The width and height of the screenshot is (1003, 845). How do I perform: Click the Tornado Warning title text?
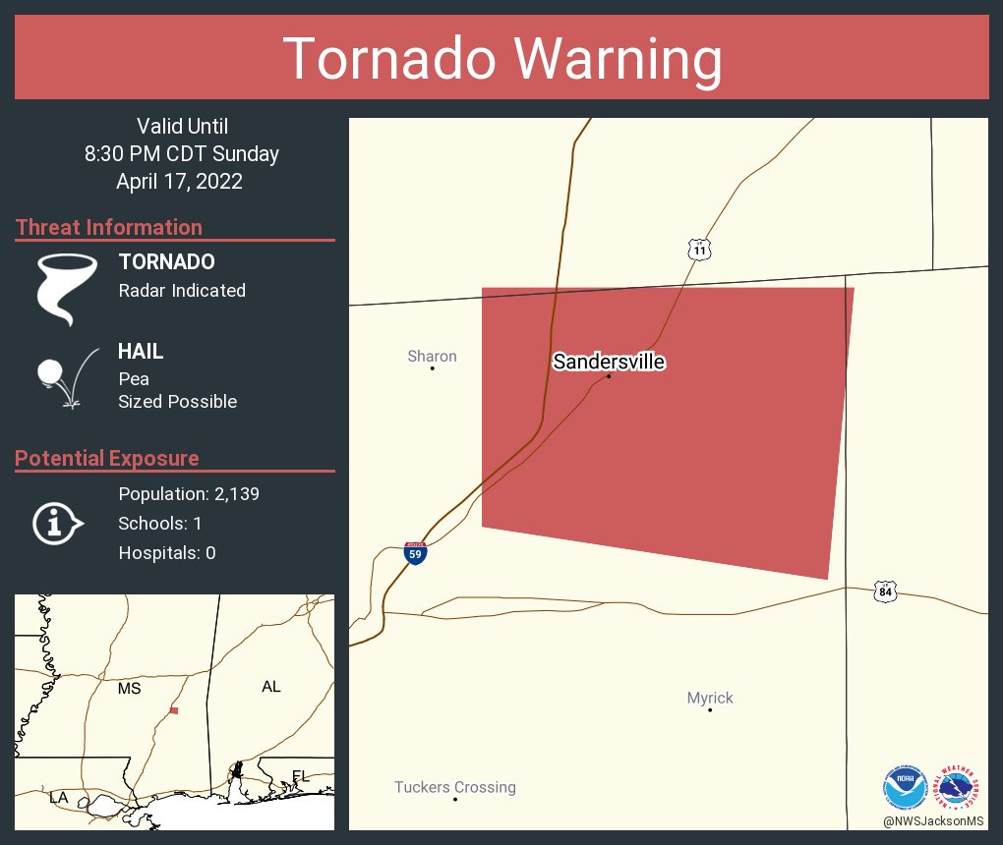501,59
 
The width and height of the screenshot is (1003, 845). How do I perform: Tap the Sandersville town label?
609,362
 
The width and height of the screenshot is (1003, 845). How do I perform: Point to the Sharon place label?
432,356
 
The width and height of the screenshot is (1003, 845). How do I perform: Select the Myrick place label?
710,698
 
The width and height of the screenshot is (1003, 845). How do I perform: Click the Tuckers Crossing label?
454,787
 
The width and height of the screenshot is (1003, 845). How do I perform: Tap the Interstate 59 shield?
415,553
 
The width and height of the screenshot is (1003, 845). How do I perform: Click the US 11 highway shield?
699,250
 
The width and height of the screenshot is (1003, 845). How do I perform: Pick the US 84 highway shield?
885,591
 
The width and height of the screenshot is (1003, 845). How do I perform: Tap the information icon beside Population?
58,523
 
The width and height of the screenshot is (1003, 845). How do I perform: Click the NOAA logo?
905,787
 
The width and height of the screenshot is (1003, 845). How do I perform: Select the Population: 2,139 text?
189,494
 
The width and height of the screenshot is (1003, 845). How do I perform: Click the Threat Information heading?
109,227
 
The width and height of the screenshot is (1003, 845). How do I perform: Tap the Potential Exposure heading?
107,458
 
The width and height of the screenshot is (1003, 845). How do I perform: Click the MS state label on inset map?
129,688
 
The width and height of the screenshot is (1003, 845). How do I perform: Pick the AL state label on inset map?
271,687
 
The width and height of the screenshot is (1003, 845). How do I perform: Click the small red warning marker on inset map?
174,710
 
